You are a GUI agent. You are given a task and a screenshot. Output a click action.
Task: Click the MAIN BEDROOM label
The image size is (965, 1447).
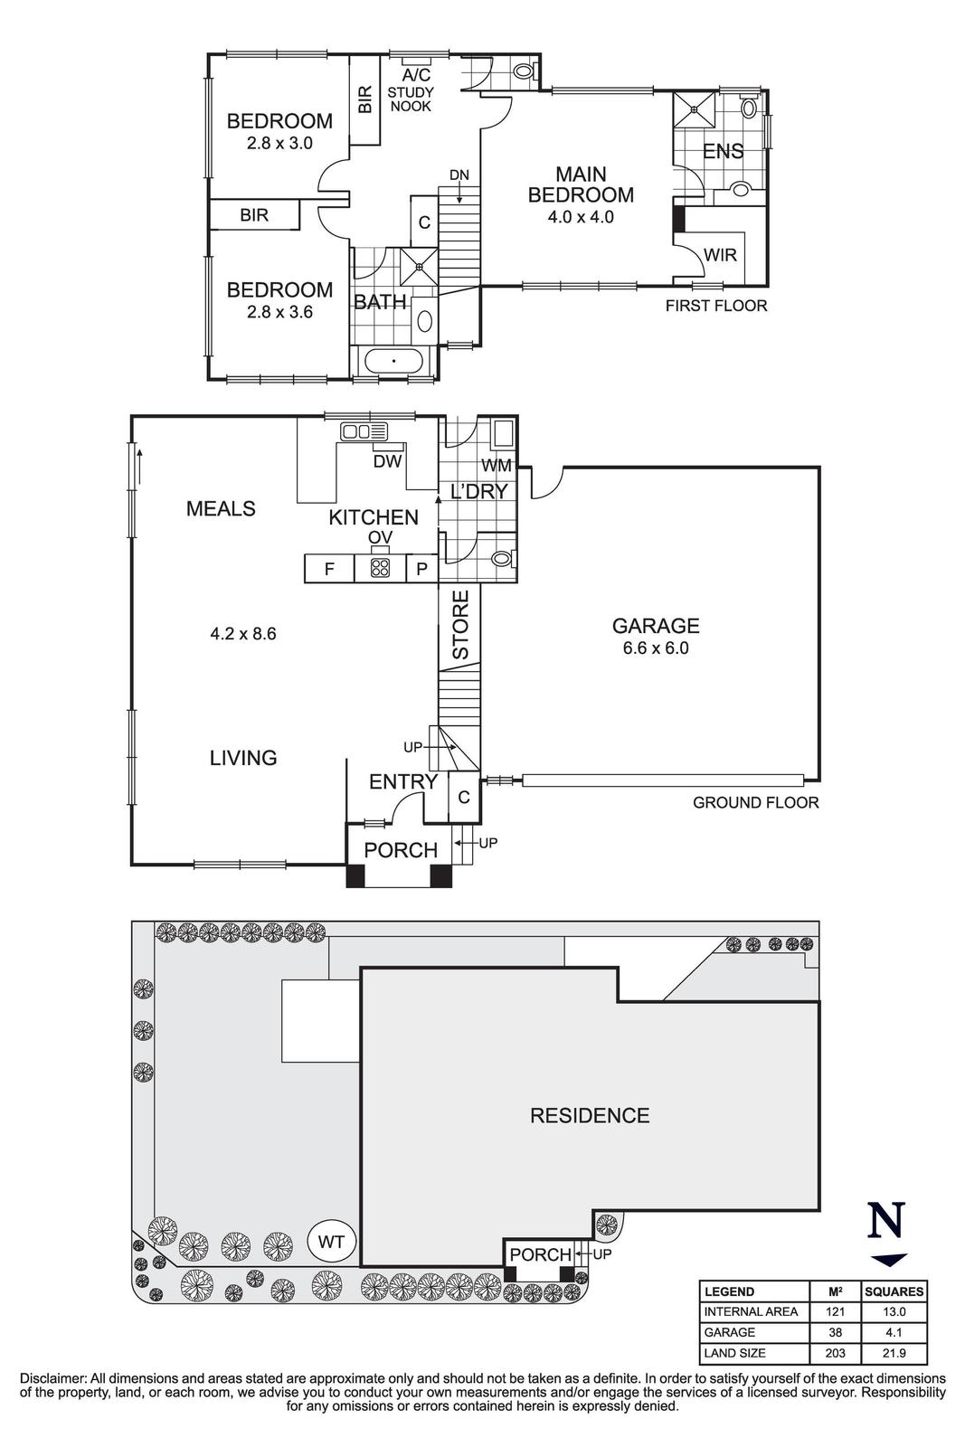pos(581,184)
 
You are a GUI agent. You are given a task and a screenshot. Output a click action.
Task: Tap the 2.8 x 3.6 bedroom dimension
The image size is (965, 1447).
pos(279,312)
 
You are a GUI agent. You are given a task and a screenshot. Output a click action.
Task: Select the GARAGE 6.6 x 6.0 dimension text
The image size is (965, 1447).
pos(656,648)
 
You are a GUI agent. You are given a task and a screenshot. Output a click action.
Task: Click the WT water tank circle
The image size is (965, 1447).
pos(332,1242)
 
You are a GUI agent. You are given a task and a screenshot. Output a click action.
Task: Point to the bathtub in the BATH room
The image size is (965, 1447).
pos(394,362)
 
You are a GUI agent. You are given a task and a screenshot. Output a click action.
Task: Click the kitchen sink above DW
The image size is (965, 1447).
pos(363,432)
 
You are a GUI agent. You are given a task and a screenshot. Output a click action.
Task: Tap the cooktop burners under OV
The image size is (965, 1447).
pos(380,569)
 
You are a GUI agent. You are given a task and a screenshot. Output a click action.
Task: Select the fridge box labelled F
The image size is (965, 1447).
pos(330,569)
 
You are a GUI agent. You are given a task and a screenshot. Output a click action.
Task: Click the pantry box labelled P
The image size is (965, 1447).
pos(421,569)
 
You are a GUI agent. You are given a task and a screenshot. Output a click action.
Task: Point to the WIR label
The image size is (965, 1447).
pos(721,255)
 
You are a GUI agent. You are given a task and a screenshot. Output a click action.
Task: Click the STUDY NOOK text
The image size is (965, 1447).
pos(411,99)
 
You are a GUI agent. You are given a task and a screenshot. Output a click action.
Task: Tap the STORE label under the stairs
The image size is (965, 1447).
pos(460,625)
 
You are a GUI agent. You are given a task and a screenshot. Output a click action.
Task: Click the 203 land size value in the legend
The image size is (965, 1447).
pos(834,1353)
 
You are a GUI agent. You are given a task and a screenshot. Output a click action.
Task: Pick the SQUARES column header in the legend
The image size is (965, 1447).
pos(894,1291)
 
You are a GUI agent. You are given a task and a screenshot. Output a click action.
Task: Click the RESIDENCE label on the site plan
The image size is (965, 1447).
pos(590,1116)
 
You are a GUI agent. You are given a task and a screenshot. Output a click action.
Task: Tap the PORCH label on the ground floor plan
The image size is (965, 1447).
pos(400,850)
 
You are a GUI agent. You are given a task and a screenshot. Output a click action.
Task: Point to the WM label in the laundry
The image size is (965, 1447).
pos(497,466)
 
